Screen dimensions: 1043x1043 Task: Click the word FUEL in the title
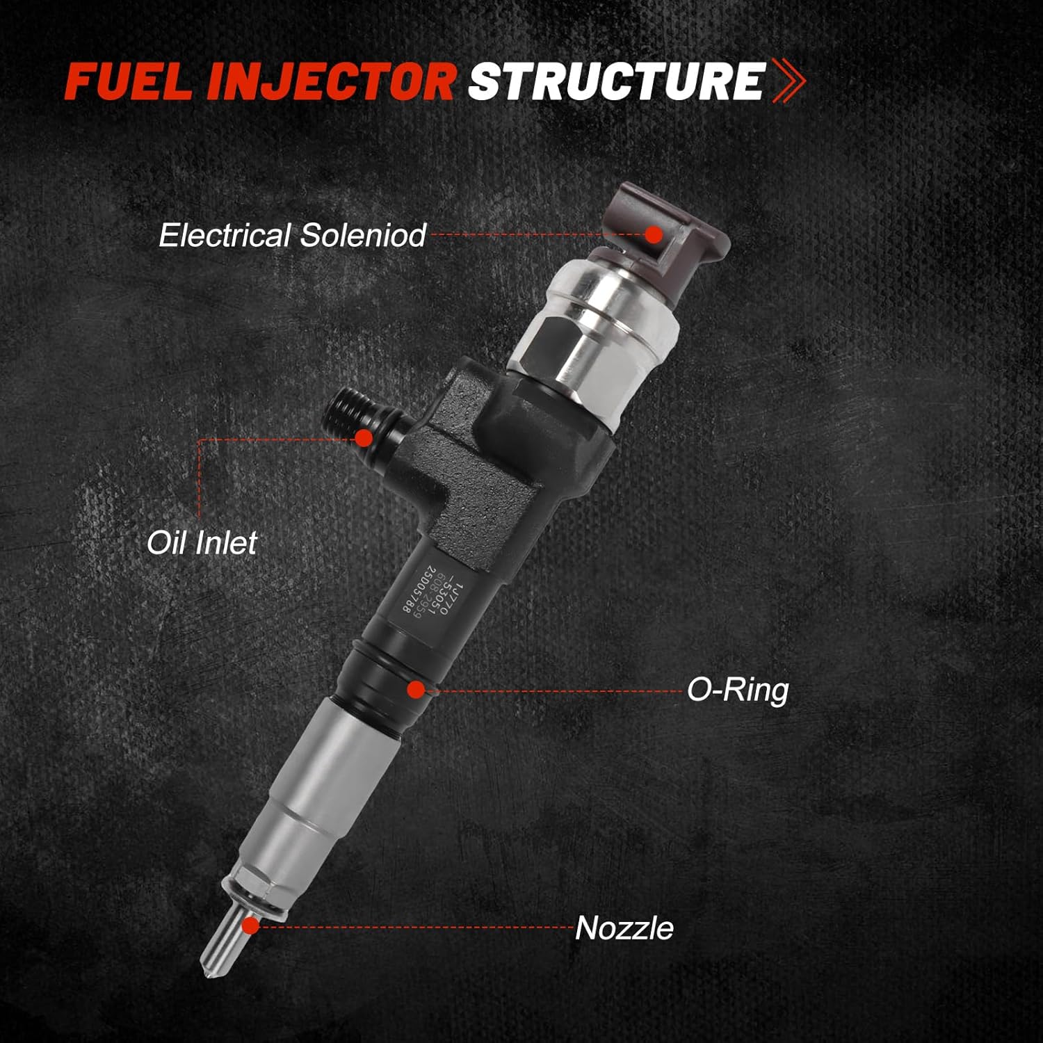pyautogui.click(x=130, y=81)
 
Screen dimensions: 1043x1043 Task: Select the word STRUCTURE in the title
pyautogui.click(x=616, y=81)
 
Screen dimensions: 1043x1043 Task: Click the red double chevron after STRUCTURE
pyautogui.click(x=789, y=81)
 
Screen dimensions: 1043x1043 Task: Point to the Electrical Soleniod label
pyautogui.click(x=292, y=236)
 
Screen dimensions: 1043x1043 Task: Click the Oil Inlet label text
pyautogui.click(x=202, y=543)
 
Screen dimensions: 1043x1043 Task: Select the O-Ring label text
pyautogui.click(x=738, y=690)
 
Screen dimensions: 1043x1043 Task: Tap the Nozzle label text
pyautogui.click(x=624, y=928)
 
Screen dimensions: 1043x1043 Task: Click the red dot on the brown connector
pyautogui.click(x=653, y=234)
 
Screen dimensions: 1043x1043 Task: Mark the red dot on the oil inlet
pyautogui.click(x=363, y=437)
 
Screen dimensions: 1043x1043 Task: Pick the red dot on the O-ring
pyautogui.click(x=416, y=690)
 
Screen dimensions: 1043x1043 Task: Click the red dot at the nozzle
pyautogui.click(x=251, y=925)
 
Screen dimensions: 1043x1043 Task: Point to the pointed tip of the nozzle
pyautogui.click(x=209, y=970)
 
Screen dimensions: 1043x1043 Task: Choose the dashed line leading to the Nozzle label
pyautogui.click(x=417, y=927)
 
